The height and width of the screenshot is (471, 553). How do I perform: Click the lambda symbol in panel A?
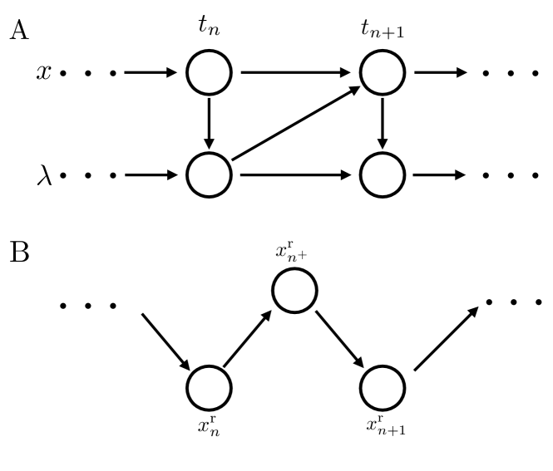[43, 175]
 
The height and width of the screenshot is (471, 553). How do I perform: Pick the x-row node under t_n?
[208, 72]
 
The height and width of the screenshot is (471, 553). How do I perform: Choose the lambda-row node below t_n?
[208, 175]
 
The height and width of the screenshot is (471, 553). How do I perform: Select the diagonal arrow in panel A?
[295, 124]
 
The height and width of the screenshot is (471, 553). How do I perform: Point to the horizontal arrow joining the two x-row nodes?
[295, 72]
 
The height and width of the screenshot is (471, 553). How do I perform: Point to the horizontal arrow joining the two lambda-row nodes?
[295, 175]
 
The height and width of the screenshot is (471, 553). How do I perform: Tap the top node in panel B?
[295, 292]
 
